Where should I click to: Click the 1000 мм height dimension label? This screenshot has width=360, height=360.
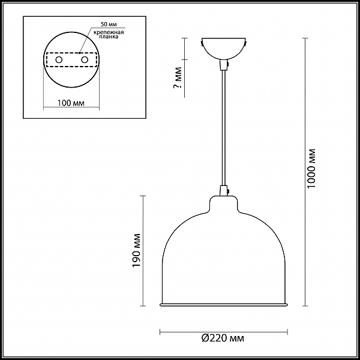pyautogui.click(x=311, y=168)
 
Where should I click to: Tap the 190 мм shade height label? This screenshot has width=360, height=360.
pyautogui.click(x=136, y=250)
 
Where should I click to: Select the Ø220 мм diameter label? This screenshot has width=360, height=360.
pyautogui.click(x=223, y=338)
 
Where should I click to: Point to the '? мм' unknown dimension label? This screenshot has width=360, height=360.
pyautogui.click(x=177, y=77)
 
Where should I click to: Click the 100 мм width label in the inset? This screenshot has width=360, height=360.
pyautogui.click(x=71, y=103)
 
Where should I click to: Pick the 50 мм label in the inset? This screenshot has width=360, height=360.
pyautogui.click(x=109, y=25)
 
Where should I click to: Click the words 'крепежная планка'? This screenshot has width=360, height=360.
pyautogui.click(x=109, y=34)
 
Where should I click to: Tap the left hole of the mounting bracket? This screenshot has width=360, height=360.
pyautogui.click(x=59, y=60)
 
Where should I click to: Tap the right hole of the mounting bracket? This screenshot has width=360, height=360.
pyautogui.click(x=85, y=60)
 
